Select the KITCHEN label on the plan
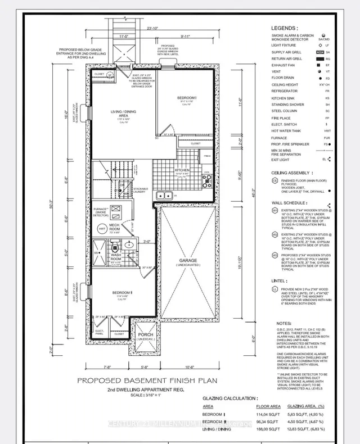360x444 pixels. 182,170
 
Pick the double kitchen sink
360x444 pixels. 164,196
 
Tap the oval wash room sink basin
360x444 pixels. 129,245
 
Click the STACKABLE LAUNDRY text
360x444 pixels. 141,191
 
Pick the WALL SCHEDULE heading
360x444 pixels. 290,202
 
